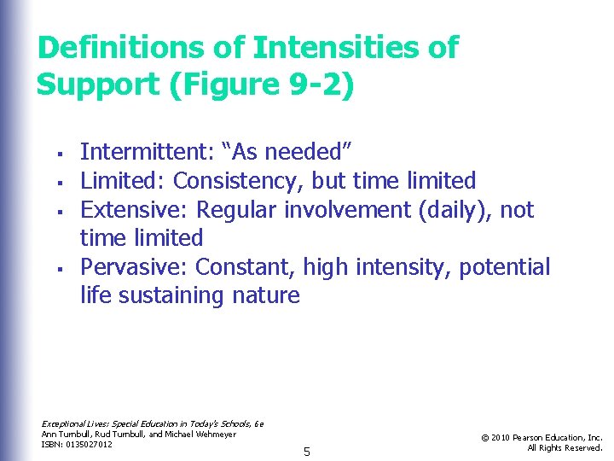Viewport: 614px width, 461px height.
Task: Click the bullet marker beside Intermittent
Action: (x=52, y=155)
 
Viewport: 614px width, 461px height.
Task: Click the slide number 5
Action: (x=306, y=450)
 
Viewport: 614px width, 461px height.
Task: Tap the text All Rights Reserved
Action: (x=565, y=447)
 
